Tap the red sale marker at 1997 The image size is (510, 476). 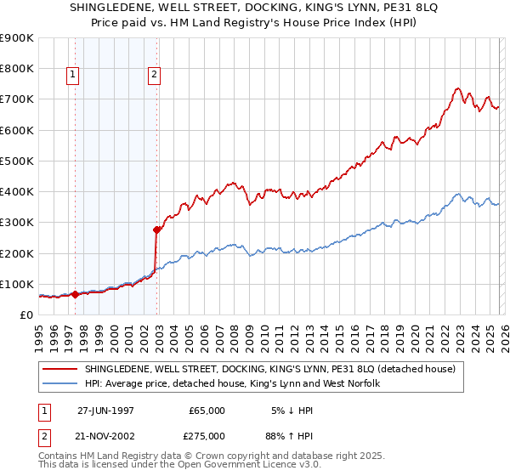pyautogui.click(x=75, y=295)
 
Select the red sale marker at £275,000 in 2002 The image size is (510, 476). pyautogui.click(x=156, y=229)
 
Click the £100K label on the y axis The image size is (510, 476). pyautogui.click(x=17, y=284)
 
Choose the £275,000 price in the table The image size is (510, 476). pyautogui.click(x=207, y=434)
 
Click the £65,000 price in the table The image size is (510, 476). pyautogui.click(x=207, y=410)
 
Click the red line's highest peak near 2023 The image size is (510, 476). pyautogui.click(x=457, y=88)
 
